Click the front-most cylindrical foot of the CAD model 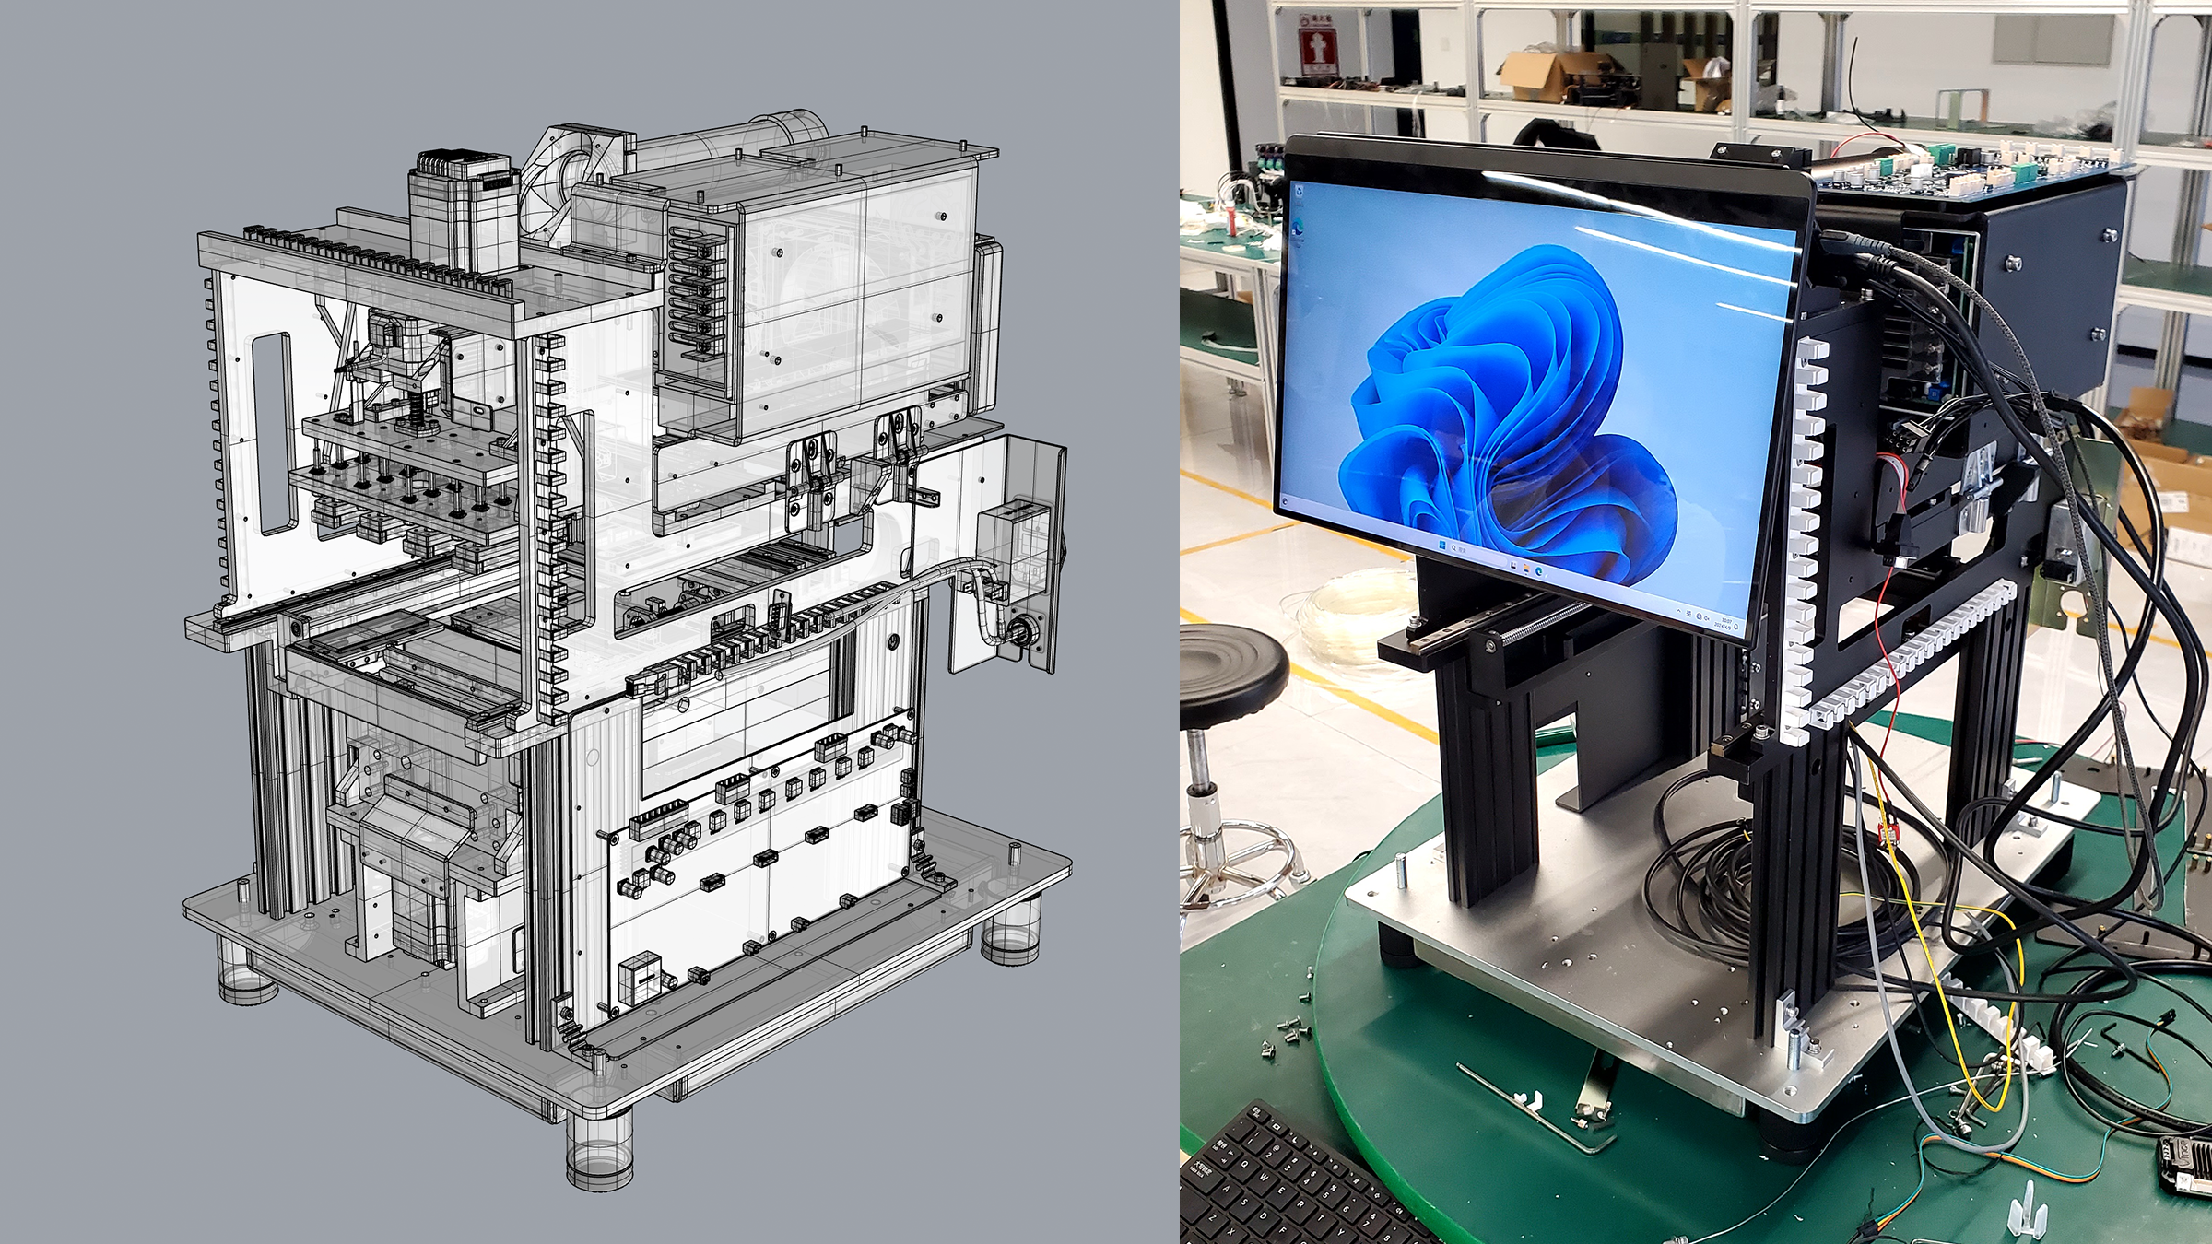pyautogui.click(x=599, y=1152)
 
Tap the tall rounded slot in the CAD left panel pyautogui.click(x=274, y=433)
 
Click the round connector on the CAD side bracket pyautogui.click(x=1022, y=634)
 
